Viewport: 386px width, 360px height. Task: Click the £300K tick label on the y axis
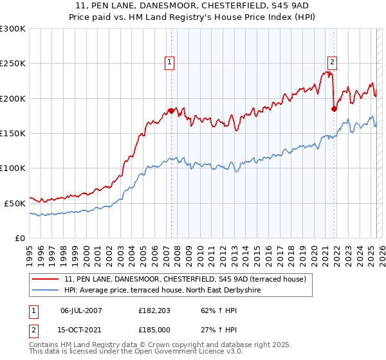click(13, 29)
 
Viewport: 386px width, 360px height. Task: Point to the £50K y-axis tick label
click(15, 203)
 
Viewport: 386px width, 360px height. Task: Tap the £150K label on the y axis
click(13, 134)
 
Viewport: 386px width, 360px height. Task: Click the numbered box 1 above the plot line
click(169, 62)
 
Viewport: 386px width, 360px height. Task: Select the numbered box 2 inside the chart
click(332, 62)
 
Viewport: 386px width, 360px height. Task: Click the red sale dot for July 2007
click(171, 111)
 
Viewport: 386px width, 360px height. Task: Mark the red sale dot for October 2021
click(334, 109)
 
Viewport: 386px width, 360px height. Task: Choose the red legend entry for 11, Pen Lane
click(188, 279)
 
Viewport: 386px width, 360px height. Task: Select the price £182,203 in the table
click(152, 310)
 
